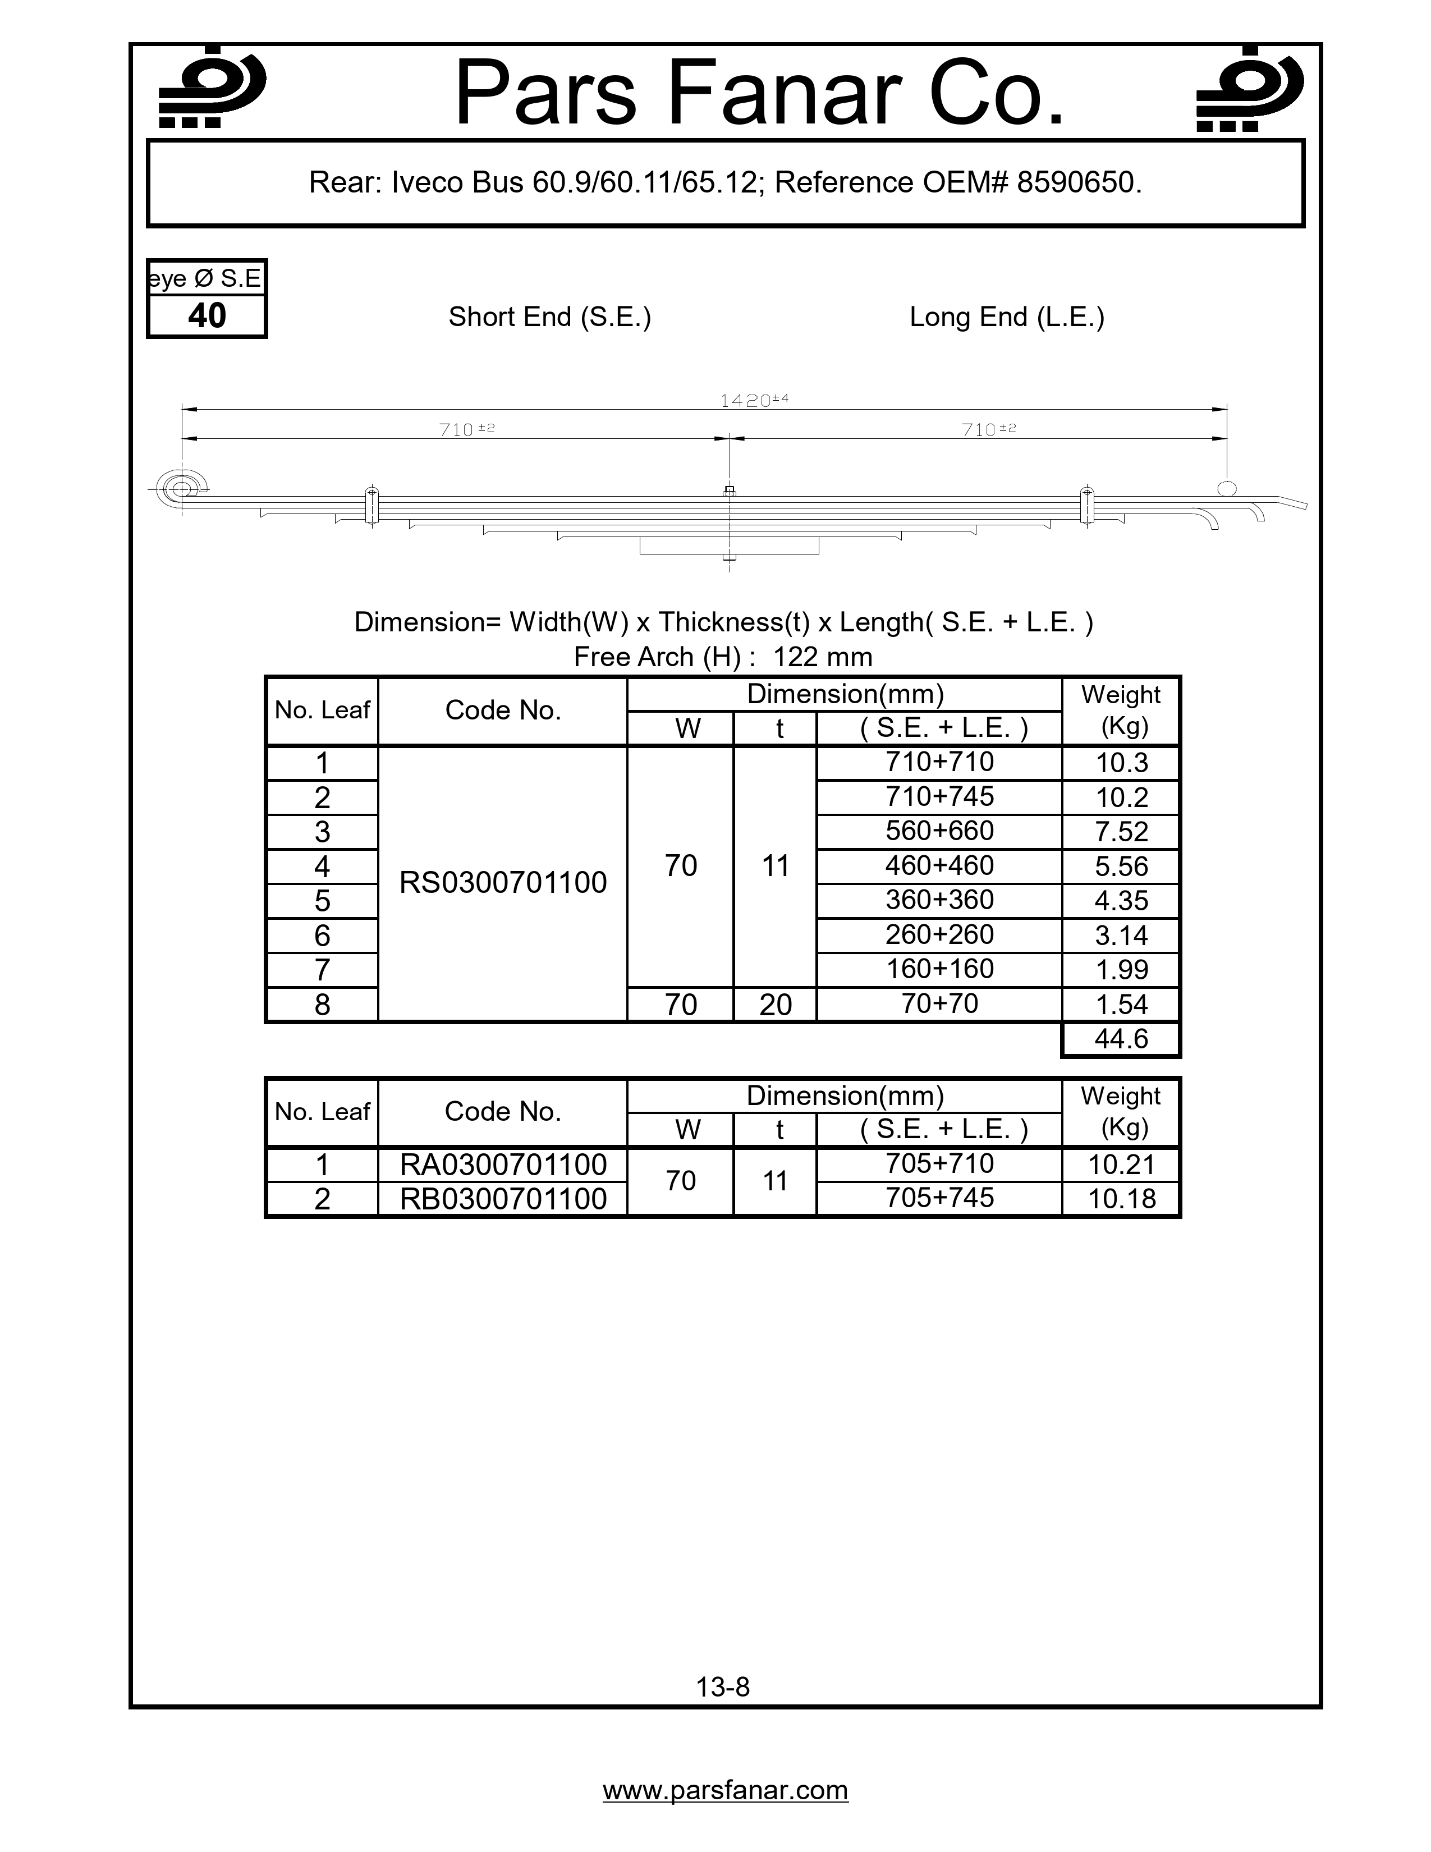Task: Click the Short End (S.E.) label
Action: pos(549,317)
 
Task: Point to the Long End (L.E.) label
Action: pos(1006,317)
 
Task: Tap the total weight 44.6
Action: pos(1121,1039)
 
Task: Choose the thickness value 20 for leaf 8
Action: pos(775,1005)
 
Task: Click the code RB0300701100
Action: pos(503,1199)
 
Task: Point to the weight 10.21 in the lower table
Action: pos(1121,1165)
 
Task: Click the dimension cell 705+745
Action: pos(939,1198)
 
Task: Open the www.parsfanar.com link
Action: pos(725,1790)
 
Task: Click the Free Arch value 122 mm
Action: pos(822,657)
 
